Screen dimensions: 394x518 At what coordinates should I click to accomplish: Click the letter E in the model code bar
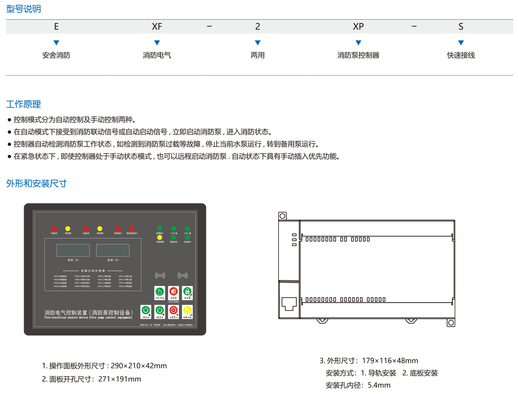click(56, 27)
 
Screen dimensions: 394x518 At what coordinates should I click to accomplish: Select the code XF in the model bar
click(157, 27)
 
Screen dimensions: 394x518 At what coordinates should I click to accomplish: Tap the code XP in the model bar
click(358, 27)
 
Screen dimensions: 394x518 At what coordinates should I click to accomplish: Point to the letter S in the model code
click(461, 27)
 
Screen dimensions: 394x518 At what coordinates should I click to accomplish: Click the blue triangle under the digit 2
click(258, 43)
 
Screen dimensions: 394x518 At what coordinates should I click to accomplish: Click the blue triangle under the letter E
click(56, 43)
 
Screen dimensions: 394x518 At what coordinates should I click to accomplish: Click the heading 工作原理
click(23, 104)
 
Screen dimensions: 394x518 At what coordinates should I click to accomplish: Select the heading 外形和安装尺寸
click(36, 184)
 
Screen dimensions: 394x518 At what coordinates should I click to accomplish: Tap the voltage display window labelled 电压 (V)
click(73, 250)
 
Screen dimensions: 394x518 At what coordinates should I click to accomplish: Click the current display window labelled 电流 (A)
click(113, 250)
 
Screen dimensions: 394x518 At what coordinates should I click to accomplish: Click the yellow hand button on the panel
click(187, 311)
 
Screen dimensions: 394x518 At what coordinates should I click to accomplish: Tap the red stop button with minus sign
click(174, 311)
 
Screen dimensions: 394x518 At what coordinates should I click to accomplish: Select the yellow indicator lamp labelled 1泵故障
click(68, 228)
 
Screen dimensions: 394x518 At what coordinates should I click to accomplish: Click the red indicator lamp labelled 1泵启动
click(54, 228)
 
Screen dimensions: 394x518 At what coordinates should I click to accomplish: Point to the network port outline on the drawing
click(289, 303)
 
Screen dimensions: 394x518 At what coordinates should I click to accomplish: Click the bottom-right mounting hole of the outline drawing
click(451, 323)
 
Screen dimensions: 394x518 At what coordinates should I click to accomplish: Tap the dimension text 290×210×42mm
click(139, 366)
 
